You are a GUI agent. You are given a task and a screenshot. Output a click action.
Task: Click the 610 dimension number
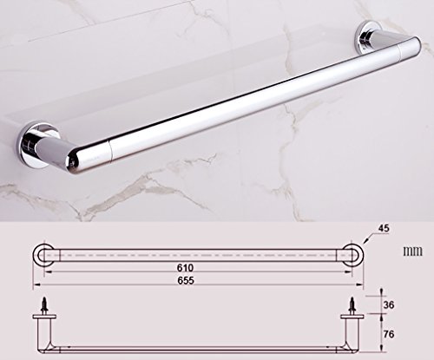click(x=185, y=268)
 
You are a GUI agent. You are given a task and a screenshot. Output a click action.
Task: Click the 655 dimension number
click(x=186, y=280)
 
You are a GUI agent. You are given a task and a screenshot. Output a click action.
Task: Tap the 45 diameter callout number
click(x=384, y=228)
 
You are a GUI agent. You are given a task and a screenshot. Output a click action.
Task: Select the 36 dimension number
click(x=389, y=304)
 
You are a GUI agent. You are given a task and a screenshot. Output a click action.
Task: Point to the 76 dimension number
click(x=389, y=334)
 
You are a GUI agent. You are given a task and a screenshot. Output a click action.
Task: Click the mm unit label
click(x=413, y=251)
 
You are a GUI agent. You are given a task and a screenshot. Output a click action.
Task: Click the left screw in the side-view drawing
click(x=44, y=304)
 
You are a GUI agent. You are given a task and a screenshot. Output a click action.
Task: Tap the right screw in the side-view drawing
click(x=352, y=304)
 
